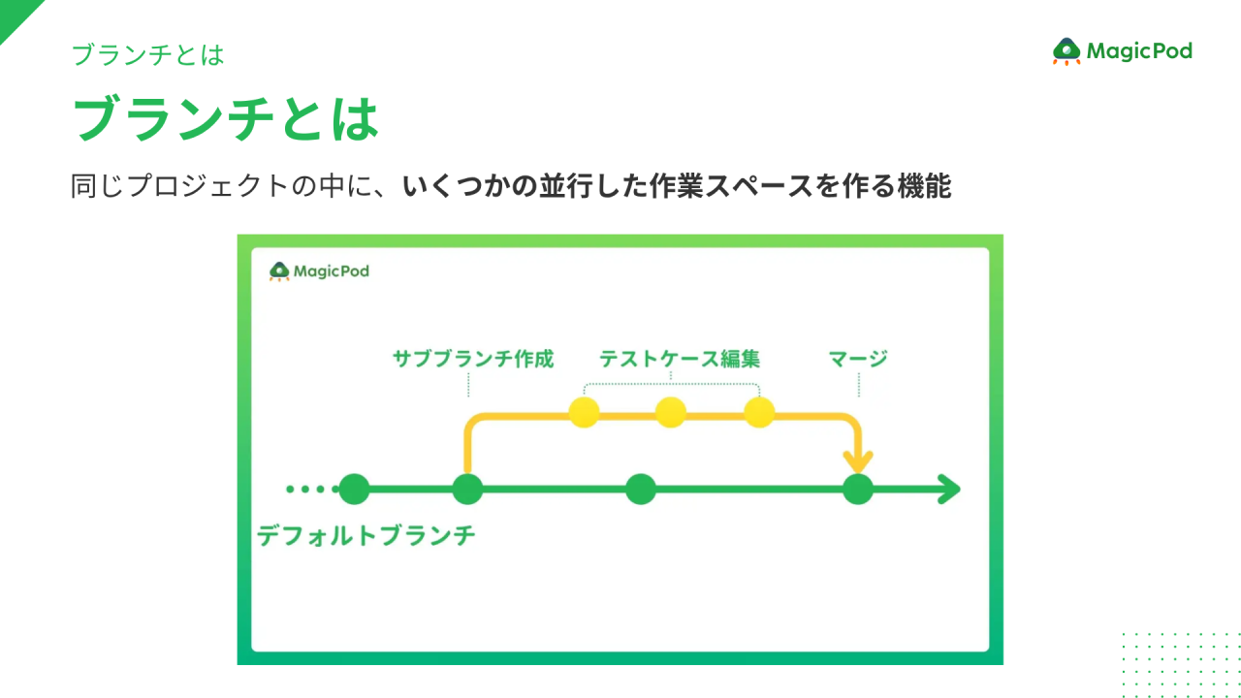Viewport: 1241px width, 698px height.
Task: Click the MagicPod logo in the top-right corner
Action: (1123, 51)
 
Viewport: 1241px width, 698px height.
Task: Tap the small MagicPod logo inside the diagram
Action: (319, 271)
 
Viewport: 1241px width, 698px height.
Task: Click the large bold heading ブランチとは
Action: (225, 118)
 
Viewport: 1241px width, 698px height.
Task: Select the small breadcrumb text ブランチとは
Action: (148, 55)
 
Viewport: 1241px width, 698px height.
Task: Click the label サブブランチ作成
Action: (473, 359)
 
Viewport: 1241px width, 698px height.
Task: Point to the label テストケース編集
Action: (679, 359)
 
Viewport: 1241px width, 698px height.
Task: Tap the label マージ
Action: (858, 359)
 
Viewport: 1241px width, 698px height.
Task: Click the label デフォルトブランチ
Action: (366, 535)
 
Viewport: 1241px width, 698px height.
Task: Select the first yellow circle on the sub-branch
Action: (585, 413)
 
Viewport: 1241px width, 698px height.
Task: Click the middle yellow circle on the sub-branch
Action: (671, 413)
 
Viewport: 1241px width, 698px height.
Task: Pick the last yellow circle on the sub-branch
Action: (759, 413)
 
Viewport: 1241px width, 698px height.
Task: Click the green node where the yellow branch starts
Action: (468, 490)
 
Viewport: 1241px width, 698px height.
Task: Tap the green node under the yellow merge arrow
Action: (858, 490)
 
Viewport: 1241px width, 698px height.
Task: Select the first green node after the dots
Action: (354, 490)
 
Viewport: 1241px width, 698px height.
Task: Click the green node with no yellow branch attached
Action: (640, 490)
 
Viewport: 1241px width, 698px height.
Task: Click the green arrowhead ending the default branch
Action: (949, 490)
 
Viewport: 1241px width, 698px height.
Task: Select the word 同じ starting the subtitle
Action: (95, 186)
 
